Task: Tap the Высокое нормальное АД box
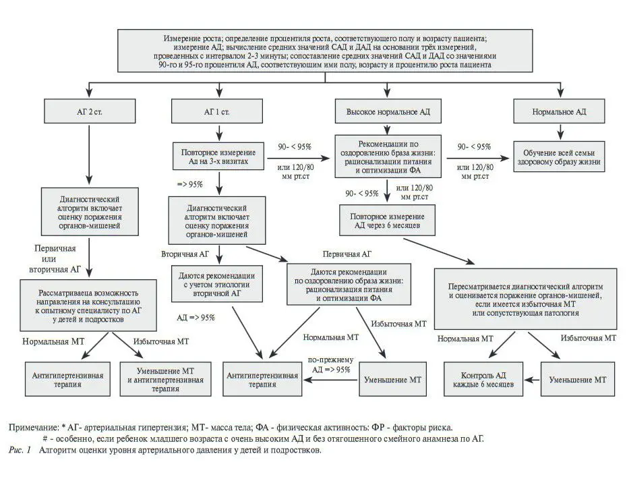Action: pos(387,110)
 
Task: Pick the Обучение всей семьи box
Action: pos(560,158)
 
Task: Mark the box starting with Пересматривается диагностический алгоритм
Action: pos(525,295)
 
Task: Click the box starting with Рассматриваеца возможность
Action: pos(89,305)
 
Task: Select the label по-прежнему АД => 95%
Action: pos(329,365)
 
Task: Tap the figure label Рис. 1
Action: pos(21,449)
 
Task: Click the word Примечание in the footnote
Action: pos(33,428)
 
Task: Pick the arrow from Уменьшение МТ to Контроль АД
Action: pos(530,379)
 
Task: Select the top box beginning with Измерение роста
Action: pos(324,51)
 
